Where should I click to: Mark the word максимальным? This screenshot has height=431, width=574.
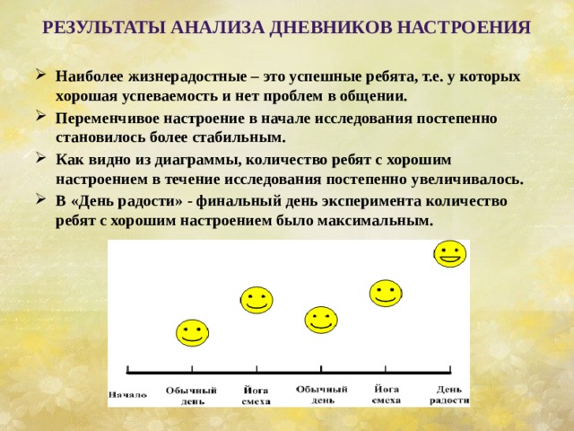point(377,220)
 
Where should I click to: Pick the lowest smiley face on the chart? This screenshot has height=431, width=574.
point(192,333)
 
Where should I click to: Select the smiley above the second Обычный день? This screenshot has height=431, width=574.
point(321,319)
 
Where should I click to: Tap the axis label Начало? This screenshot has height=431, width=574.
point(128,393)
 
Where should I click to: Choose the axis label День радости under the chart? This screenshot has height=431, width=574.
point(449,394)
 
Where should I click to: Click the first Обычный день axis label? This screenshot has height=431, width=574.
point(192,395)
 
